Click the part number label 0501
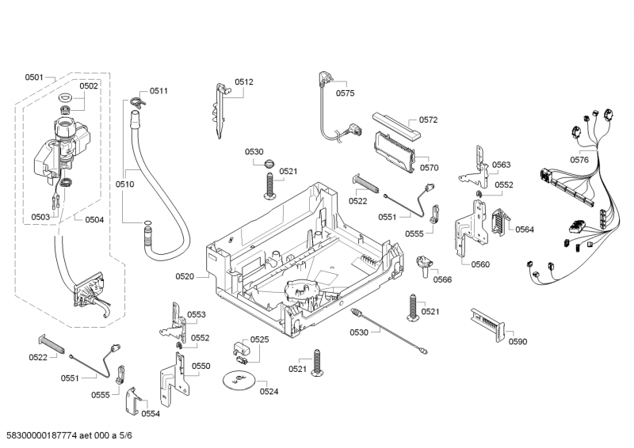[34, 77]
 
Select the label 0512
[244, 82]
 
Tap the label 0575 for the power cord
[345, 93]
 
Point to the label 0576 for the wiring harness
[579, 160]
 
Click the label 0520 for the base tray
[185, 276]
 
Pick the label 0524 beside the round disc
[269, 391]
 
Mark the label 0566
[442, 279]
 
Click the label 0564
[525, 230]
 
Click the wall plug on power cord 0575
[325, 79]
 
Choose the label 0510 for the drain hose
[124, 184]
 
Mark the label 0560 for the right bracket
[480, 264]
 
